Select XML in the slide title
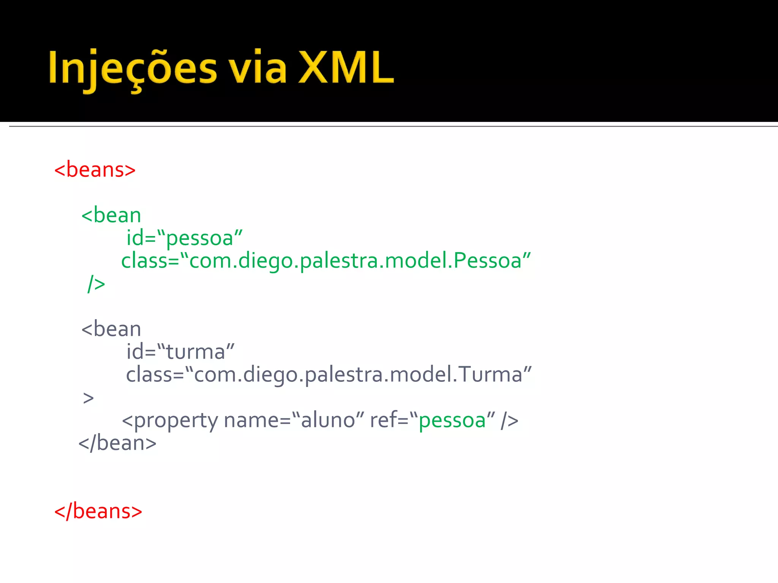346,68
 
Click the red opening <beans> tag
95,170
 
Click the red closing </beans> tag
98,511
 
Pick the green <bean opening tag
111,215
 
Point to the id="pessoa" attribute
184,238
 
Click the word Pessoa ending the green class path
488,261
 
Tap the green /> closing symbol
96,284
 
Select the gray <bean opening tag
111,329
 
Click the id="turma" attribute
180,352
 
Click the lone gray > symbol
88,398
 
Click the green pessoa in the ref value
452,421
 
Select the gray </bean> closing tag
117,443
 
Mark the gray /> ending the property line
509,421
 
